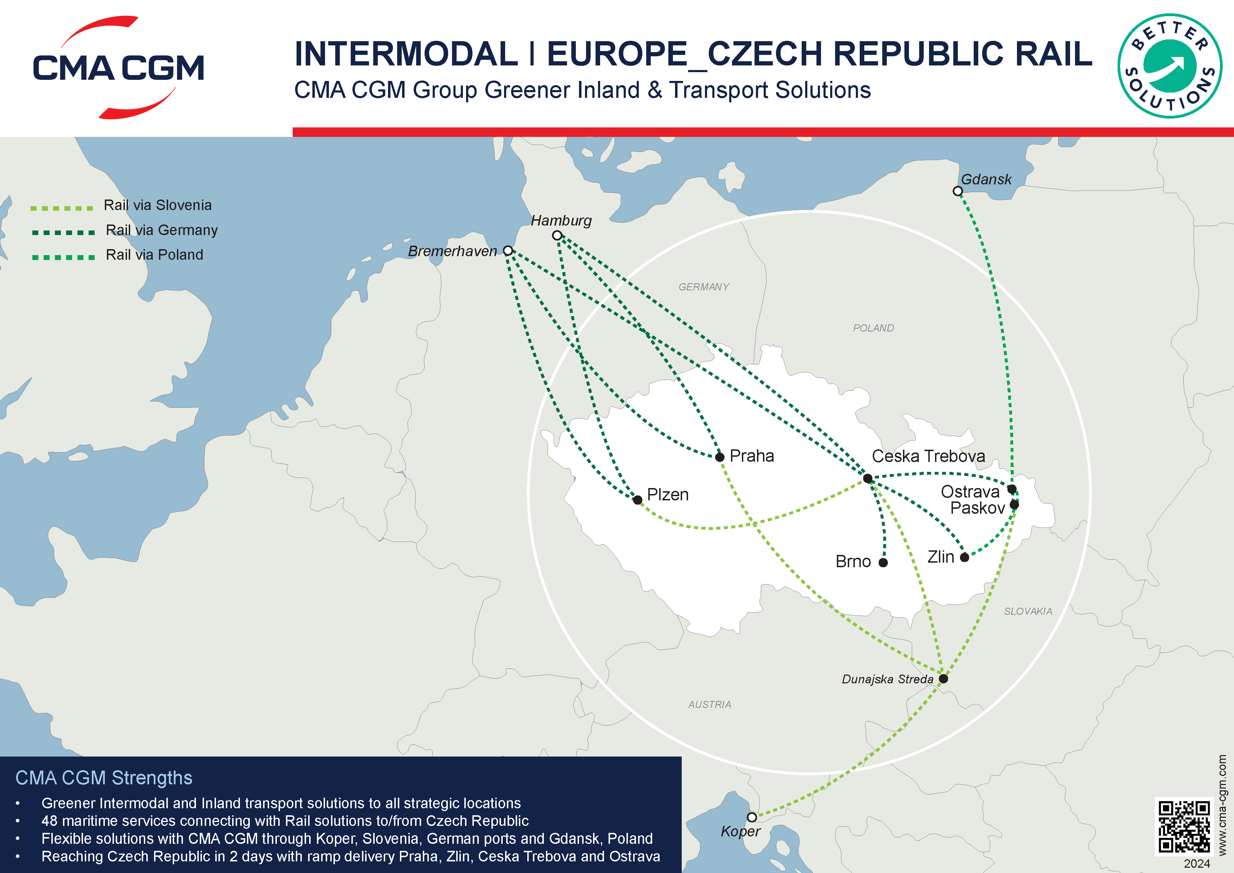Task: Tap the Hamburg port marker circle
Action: pos(557,235)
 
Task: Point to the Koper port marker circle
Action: pos(752,817)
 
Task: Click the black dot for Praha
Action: pos(720,457)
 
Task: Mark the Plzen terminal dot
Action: pos(637,500)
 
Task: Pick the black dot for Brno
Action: pos(883,562)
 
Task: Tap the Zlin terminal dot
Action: pos(964,557)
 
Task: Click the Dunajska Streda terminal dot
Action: pos(943,678)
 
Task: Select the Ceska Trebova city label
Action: pos(928,456)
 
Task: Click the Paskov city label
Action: pos(977,508)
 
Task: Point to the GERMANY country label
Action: pos(704,287)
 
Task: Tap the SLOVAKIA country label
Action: pos(1028,611)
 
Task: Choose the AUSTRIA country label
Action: pos(710,704)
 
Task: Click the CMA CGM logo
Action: pos(118,67)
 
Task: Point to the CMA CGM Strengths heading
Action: pos(104,778)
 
